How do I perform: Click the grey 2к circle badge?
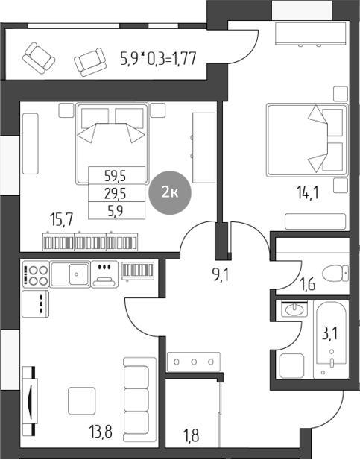[169, 193]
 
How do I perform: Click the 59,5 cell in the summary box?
[115, 176]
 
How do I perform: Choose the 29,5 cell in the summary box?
[115, 193]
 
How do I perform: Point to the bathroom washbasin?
[293, 309]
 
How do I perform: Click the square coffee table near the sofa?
[83, 400]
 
